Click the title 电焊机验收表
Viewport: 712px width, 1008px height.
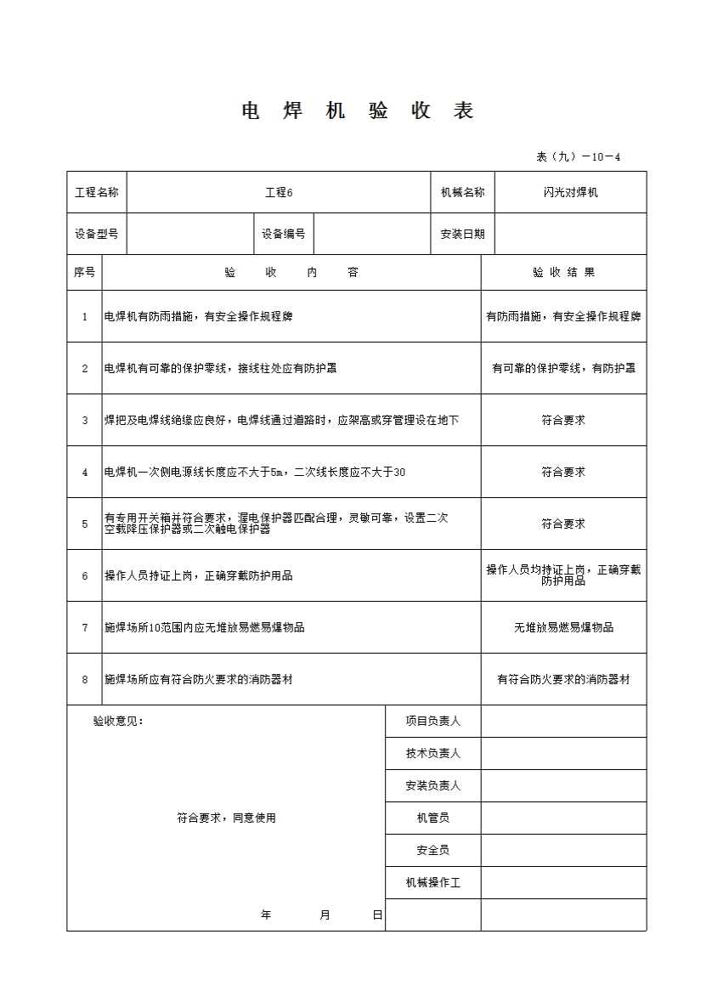click(358, 111)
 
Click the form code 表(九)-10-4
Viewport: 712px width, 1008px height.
click(579, 156)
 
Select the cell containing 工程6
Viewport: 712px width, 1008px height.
click(279, 193)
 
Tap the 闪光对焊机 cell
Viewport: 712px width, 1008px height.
click(570, 193)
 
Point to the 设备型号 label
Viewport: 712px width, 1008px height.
click(96, 235)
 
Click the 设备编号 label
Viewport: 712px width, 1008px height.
click(283, 235)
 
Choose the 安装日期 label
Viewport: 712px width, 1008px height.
click(462, 235)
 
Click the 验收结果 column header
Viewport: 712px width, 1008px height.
click(563, 273)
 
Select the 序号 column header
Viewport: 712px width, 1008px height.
click(84, 273)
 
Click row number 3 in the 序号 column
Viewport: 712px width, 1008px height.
click(84, 420)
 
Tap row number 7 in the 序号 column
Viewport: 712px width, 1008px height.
click(84, 628)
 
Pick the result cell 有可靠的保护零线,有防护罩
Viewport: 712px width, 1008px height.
click(563, 368)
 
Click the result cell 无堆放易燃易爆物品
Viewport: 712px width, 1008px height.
click(563, 628)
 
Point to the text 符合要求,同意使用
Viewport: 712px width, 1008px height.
click(227, 818)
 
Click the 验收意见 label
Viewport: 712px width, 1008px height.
click(118, 722)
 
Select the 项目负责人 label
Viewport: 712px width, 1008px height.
click(432, 722)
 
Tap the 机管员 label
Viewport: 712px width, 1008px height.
click(432, 818)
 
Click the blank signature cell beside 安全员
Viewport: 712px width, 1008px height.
click(563, 851)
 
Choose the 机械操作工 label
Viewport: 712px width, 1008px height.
click(432, 883)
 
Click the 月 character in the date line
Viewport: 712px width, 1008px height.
click(325, 915)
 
